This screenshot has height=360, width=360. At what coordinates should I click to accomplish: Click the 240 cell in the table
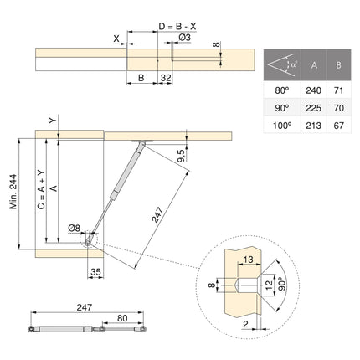click(313, 87)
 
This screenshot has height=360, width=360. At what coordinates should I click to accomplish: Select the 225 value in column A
click(313, 107)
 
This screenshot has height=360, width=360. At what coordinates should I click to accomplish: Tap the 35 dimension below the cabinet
click(95, 272)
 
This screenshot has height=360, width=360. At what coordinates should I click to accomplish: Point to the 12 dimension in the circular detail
click(269, 285)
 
